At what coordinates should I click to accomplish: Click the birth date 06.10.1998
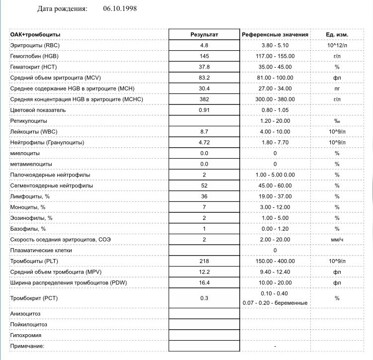(x=120, y=9)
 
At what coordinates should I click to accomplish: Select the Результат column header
(x=204, y=35)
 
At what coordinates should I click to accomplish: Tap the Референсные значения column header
(x=275, y=35)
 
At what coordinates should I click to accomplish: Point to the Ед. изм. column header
(x=337, y=35)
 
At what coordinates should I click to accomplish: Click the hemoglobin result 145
(x=204, y=56)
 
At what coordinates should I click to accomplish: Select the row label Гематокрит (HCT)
(x=33, y=67)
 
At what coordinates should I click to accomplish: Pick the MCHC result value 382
(x=204, y=99)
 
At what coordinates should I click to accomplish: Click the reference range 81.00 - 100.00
(x=275, y=78)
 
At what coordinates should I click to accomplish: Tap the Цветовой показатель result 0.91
(x=204, y=110)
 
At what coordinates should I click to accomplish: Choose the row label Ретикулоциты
(x=29, y=121)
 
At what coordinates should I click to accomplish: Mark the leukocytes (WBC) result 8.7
(x=204, y=132)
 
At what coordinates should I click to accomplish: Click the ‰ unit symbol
(x=337, y=121)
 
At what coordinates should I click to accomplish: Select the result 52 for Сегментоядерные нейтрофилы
(x=204, y=185)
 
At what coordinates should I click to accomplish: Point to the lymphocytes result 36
(x=204, y=196)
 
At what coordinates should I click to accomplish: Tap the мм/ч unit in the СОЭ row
(x=337, y=240)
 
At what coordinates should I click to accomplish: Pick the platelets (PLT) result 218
(x=204, y=261)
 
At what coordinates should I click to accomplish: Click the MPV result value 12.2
(x=204, y=272)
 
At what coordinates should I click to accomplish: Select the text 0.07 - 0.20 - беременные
(x=275, y=303)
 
